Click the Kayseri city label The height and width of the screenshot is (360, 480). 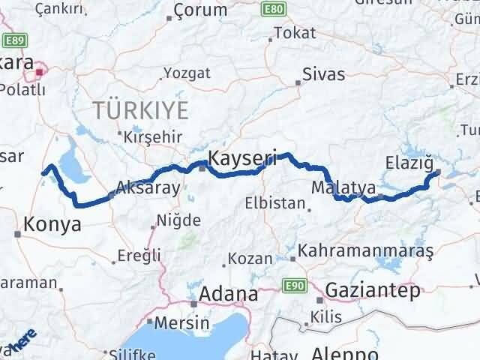242,158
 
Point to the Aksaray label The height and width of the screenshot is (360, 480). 148,188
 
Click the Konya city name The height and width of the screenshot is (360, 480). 48,223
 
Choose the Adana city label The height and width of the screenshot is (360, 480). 223,293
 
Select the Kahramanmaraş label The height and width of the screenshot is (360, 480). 366,250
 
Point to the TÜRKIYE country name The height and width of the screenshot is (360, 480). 141,110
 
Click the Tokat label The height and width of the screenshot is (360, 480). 295,33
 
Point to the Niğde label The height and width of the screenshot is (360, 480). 178,220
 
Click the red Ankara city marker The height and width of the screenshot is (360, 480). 39,73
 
